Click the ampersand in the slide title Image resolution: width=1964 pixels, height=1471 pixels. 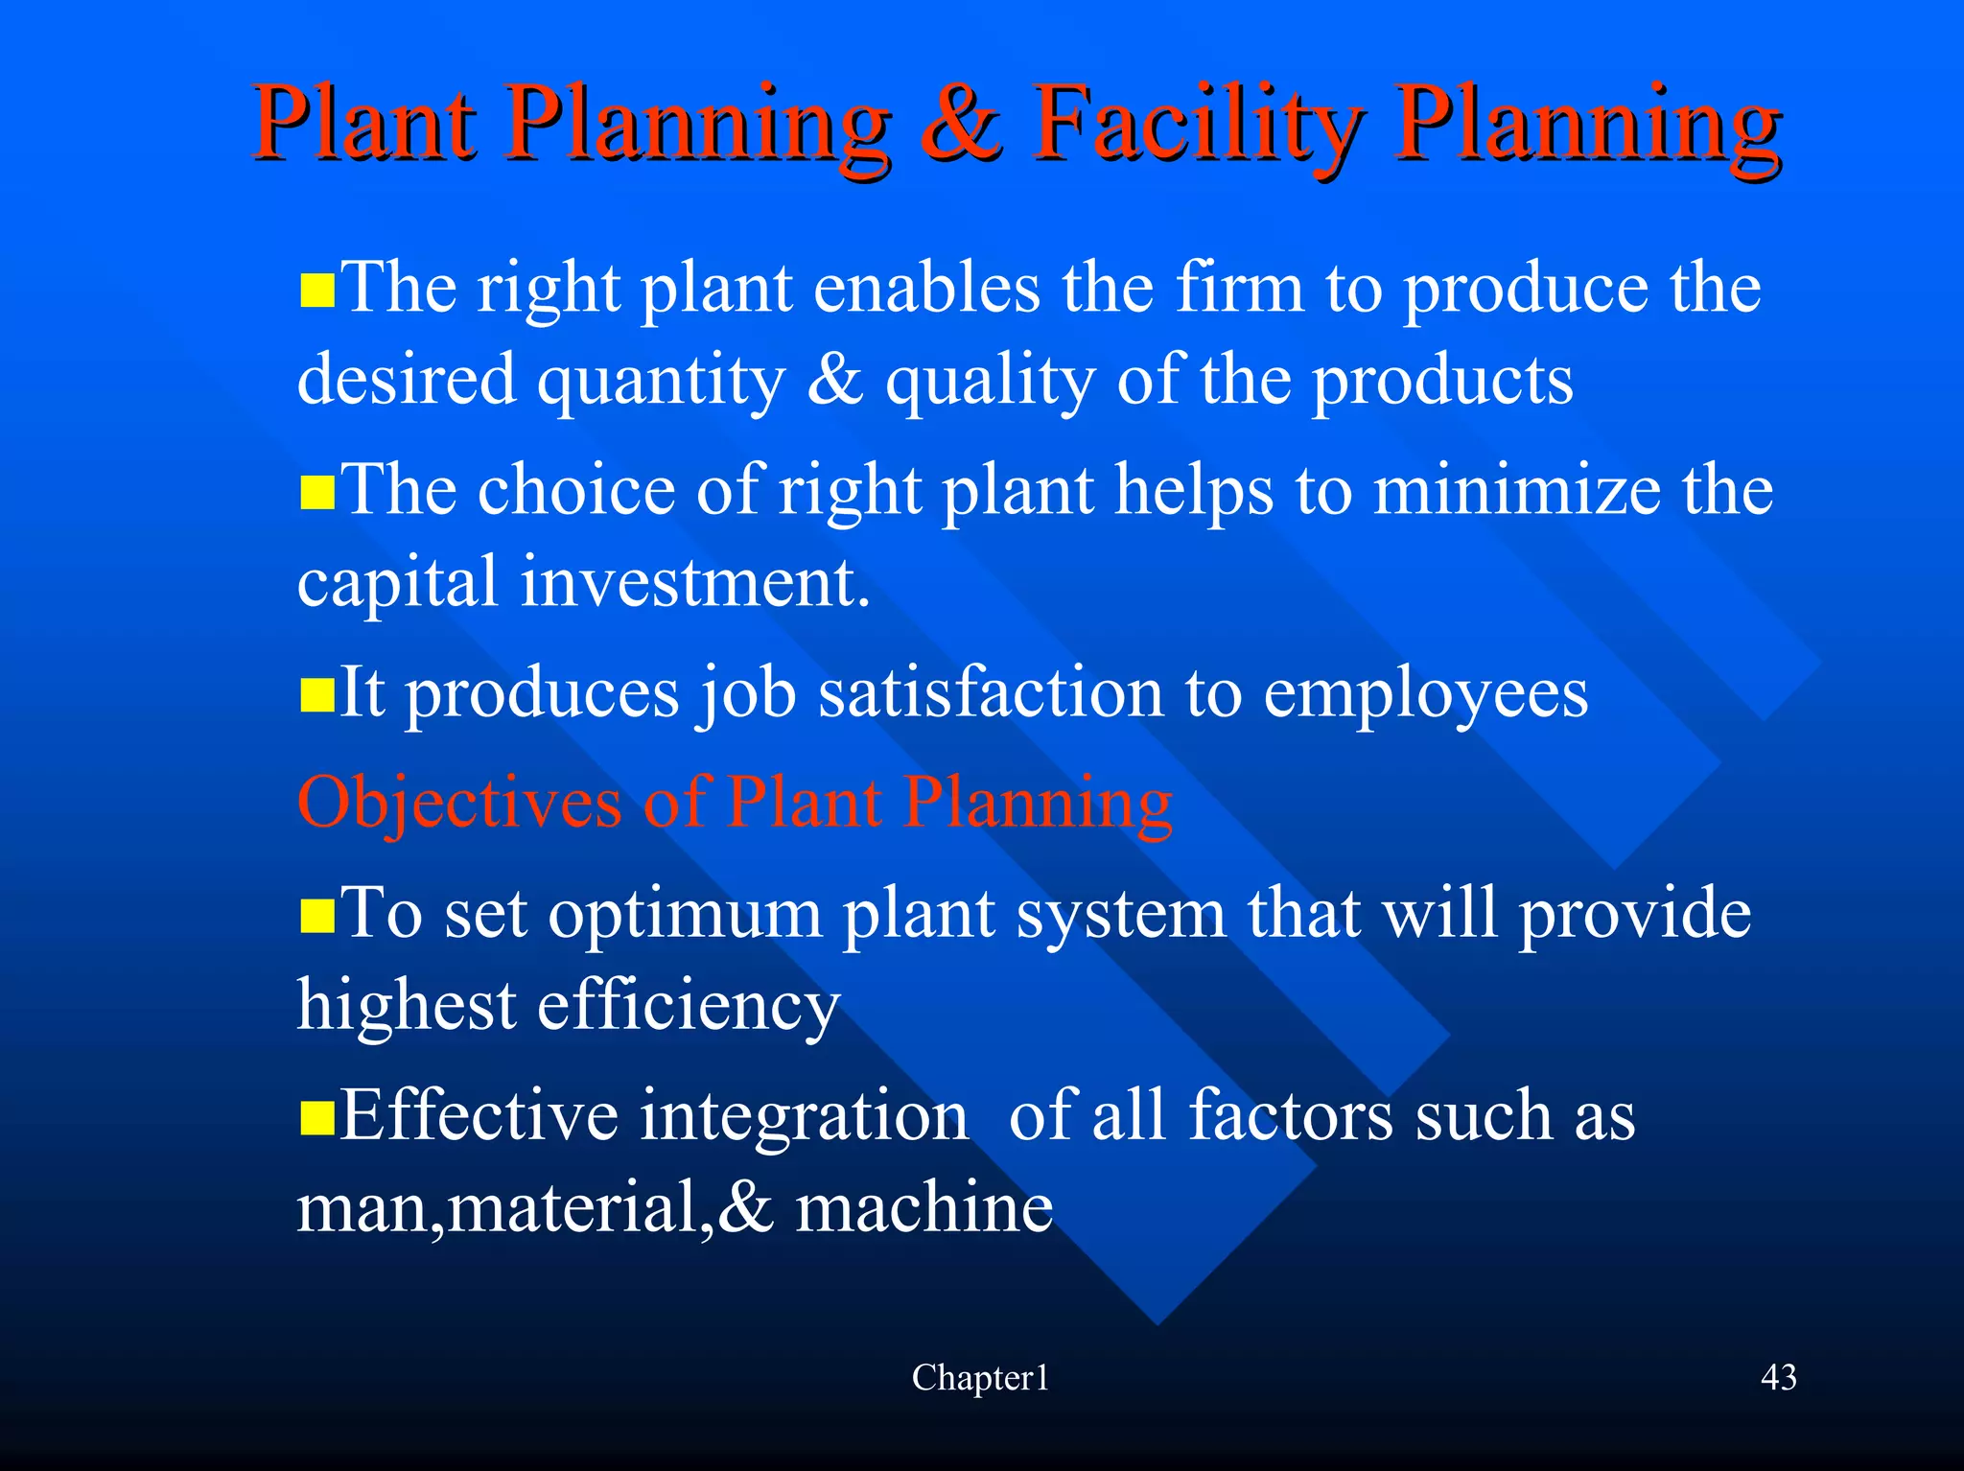click(x=960, y=125)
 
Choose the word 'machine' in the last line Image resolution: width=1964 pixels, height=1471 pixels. click(x=924, y=1207)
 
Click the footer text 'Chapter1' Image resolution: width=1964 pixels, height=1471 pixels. click(x=980, y=1378)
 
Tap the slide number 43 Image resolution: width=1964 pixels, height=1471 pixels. click(x=1779, y=1378)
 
